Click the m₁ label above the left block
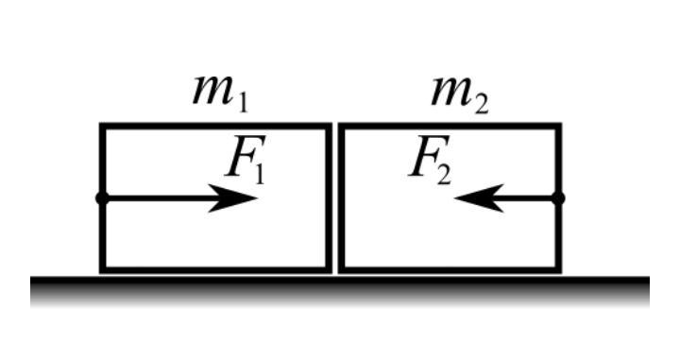[x=220, y=94]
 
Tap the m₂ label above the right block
[x=460, y=94]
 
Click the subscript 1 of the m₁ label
[x=243, y=104]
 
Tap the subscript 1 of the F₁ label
[x=259, y=174]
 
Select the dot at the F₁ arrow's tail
[x=102, y=198]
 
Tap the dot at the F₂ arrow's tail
[x=558, y=198]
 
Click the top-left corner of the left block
[x=100, y=124]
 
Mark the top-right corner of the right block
[x=561, y=124]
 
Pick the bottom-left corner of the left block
[x=100, y=273]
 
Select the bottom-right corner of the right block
[x=561, y=273]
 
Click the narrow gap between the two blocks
[x=335, y=198]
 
